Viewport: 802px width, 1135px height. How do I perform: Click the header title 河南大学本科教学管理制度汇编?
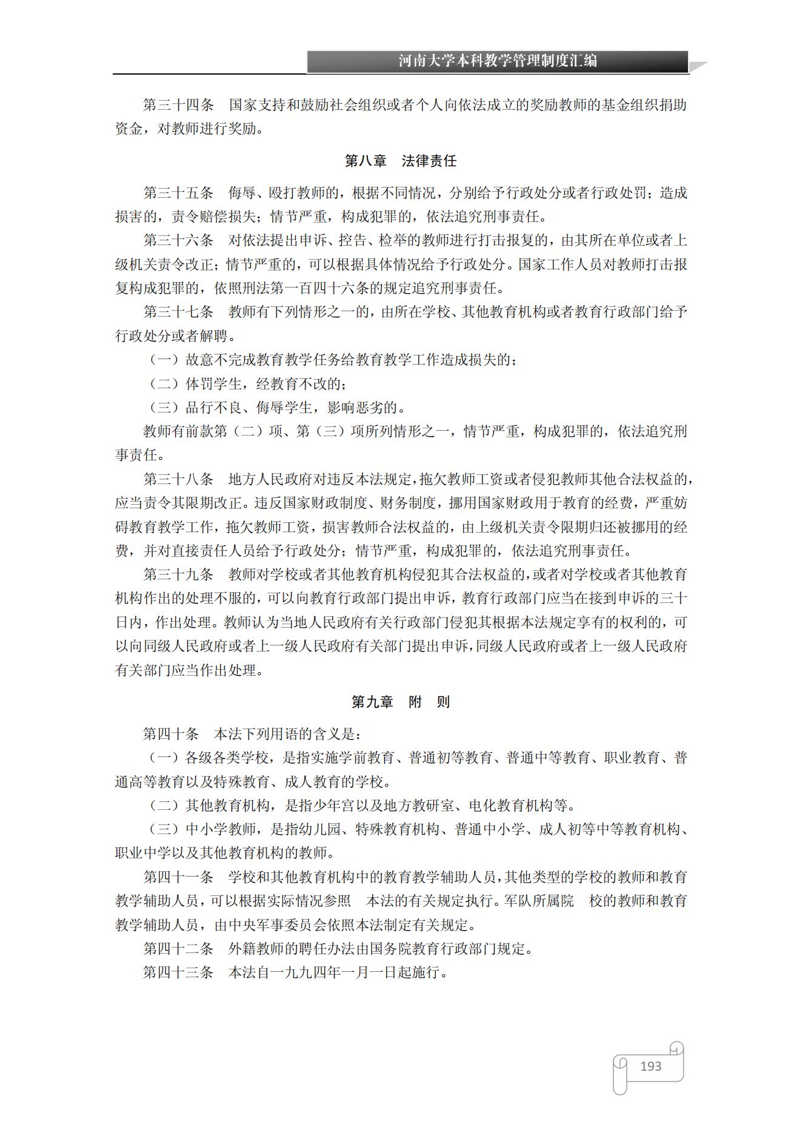[x=497, y=61]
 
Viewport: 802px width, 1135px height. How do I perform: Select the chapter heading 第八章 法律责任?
[x=401, y=161]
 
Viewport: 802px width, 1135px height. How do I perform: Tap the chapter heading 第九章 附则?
[x=401, y=702]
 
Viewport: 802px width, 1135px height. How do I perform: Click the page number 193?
[x=650, y=1066]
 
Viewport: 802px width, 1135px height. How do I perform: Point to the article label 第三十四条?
[x=178, y=105]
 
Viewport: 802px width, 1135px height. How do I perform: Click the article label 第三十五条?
[x=178, y=193]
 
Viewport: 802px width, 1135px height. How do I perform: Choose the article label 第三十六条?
[x=178, y=240]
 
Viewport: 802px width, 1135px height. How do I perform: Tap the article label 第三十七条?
[x=178, y=312]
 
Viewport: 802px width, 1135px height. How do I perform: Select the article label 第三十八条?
[x=178, y=479]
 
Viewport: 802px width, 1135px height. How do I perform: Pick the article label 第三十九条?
[x=178, y=574]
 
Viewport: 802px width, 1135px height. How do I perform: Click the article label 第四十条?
[x=171, y=734]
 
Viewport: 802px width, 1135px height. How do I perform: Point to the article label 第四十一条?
[x=178, y=877]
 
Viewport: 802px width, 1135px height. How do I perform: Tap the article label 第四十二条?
[x=178, y=949]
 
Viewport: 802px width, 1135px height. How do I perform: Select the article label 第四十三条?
[x=178, y=972]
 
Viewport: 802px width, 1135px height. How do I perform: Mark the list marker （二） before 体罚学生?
[x=164, y=384]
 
